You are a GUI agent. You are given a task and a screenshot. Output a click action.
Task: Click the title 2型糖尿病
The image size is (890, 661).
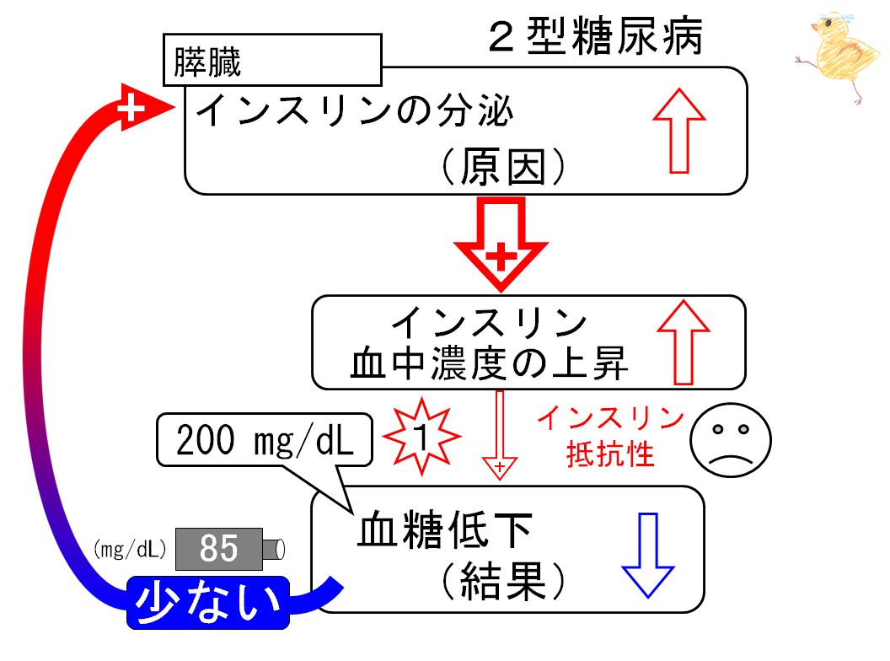tap(595, 36)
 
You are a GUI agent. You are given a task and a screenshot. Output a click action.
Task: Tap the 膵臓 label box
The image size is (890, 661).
tap(272, 60)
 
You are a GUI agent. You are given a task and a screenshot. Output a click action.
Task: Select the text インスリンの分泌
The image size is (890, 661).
tap(355, 110)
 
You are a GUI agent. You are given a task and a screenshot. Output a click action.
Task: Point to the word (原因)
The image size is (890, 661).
tap(503, 167)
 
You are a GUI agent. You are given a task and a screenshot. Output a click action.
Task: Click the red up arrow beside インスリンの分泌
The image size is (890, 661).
tap(678, 131)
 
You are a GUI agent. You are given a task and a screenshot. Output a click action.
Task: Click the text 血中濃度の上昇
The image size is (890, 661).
tap(490, 363)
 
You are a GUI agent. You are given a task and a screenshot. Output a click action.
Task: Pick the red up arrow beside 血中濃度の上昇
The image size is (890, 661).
tap(684, 342)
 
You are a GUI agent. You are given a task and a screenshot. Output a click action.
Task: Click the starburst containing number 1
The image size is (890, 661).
tap(421, 436)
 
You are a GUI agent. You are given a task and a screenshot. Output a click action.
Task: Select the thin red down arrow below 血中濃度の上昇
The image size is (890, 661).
tap(500, 435)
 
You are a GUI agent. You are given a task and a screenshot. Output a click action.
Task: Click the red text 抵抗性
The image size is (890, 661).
tap(611, 454)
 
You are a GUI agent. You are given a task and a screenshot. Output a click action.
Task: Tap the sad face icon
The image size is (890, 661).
tap(731, 440)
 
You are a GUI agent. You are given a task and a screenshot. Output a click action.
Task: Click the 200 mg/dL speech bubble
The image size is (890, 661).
tap(265, 440)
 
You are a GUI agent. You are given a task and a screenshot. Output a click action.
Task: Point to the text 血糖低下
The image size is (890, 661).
tap(445, 529)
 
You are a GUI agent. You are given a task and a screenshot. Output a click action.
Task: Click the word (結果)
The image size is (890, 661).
tap(503, 581)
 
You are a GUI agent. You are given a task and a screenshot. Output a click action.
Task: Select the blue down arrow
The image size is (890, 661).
tap(648, 556)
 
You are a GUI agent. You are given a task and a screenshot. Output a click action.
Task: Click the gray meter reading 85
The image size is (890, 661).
tap(219, 549)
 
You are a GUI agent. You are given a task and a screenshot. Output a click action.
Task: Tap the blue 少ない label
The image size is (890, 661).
tap(207, 603)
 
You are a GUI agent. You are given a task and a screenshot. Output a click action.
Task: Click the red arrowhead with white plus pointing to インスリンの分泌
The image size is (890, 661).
tap(142, 107)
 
